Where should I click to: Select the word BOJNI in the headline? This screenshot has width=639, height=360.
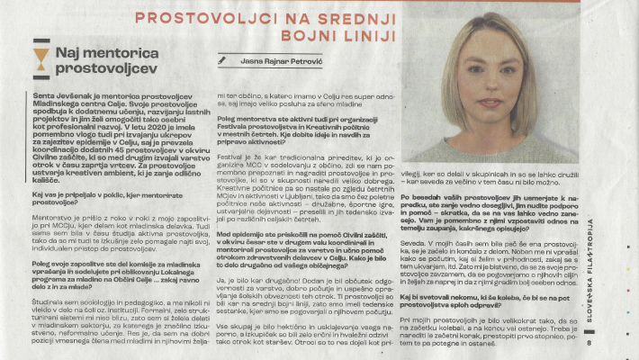(x=294, y=36)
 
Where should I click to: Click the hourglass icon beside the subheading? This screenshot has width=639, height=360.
(x=40, y=59)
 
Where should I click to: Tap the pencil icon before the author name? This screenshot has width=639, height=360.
(x=222, y=60)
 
